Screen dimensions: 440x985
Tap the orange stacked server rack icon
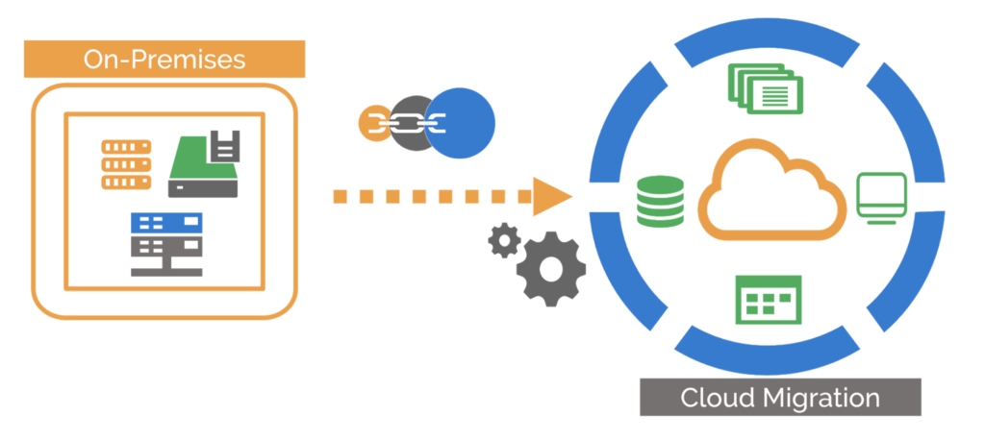(126, 163)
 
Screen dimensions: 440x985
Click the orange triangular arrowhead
(549, 197)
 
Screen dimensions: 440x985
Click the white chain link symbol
(403, 123)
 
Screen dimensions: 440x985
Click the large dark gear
(550, 269)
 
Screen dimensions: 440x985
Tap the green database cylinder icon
(659, 199)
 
